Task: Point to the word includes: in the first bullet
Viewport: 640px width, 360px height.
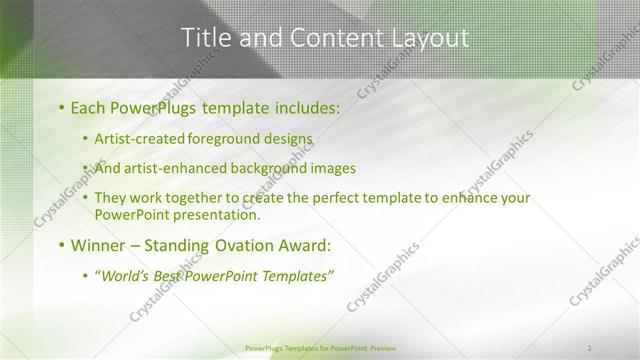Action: pyautogui.click(x=302, y=106)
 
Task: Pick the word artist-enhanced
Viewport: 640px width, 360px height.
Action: pyautogui.click(x=174, y=168)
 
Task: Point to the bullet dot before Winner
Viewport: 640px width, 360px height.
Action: pyautogui.click(x=61, y=245)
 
